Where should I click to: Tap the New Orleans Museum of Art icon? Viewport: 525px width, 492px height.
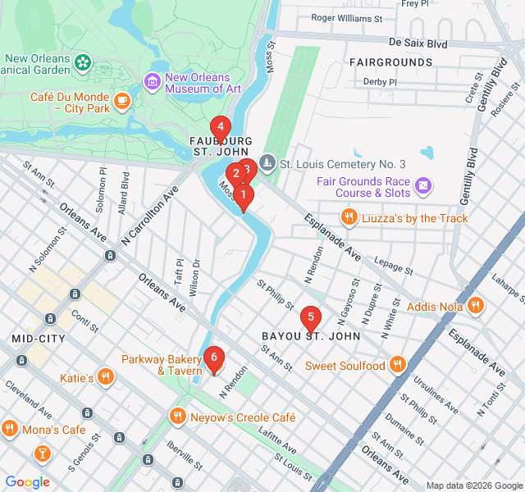coord(152,82)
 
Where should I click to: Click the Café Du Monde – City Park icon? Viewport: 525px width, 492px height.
coord(122,101)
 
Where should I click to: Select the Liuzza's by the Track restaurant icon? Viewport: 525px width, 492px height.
coord(349,217)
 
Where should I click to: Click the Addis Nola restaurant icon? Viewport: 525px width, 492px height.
coord(475,306)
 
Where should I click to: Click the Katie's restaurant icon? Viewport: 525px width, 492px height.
coord(105,377)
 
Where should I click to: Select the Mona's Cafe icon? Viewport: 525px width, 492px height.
coord(10,429)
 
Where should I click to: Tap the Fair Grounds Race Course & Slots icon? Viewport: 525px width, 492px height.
coord(422,186)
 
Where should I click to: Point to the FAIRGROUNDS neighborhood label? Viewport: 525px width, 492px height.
coord(390,62)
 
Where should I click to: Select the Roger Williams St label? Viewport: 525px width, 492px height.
coord(347,17)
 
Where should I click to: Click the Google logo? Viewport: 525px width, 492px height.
coord(28,482)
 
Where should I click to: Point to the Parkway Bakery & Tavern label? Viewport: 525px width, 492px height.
coord(162,365)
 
